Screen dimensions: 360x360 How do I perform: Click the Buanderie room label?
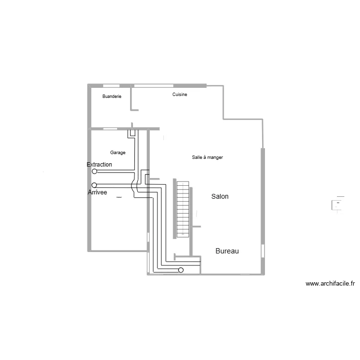click(x=111, y=96)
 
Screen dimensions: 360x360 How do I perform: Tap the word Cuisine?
click(x=180, y=95)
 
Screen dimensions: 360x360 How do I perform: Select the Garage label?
click(x=118, y=153)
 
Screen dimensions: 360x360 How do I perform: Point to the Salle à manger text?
click(x=207, y=157)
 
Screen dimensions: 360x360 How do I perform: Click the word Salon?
click(x=220, y=196)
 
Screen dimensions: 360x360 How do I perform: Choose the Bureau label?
click(x=227, y=251)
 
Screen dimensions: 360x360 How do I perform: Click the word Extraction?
click(x=99, y=165)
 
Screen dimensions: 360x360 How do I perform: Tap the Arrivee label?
click(x=97, y=192)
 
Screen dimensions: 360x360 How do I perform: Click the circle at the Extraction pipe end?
click(x=95, y=171)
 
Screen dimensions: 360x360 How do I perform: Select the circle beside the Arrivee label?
click(x=94, y=185)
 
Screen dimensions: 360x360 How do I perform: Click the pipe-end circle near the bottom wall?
click(x=181, y=270)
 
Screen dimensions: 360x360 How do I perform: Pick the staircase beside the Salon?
click(x=183, y=209)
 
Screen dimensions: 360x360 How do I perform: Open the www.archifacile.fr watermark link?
click(x=330, y=284)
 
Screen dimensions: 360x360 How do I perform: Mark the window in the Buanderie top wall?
click(x=110, y=85)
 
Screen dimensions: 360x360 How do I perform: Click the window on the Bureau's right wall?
click(x=263, y=251)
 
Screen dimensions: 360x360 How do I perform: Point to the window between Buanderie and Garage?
click(x=110, y=129)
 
